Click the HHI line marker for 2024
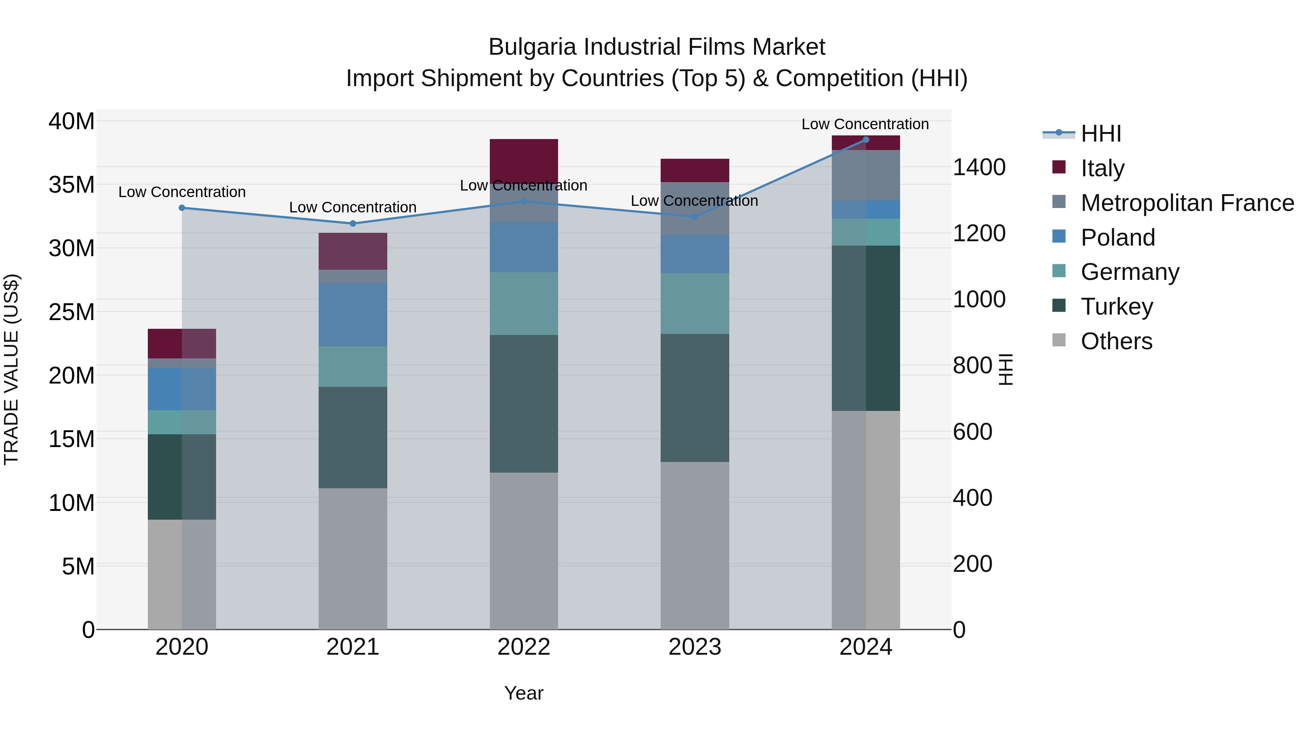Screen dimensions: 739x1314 click(866, 140)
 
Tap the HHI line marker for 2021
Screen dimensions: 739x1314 click(353, 223)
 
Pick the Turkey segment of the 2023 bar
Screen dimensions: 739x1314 click(694, 398)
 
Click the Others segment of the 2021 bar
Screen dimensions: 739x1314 click(353, 558)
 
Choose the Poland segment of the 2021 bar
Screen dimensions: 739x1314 click(353, 315)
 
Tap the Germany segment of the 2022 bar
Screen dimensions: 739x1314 click(523, 304)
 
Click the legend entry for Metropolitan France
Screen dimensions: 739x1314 click(1187, 203)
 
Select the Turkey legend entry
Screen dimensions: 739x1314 click(1117, 307)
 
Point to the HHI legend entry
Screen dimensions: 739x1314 click(1101, 134)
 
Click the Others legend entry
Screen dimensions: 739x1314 click(1116, 341)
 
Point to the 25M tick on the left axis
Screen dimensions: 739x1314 click(72, 312)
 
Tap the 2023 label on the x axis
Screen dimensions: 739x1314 click(694, 647)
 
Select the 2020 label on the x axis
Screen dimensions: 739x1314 click(182, 647)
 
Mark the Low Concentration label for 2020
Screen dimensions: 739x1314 click(182, 192)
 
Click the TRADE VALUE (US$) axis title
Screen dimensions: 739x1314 click(11, 369)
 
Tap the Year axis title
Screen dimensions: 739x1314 click(523, 693)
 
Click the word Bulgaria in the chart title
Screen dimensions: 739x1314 click(533, 47)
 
